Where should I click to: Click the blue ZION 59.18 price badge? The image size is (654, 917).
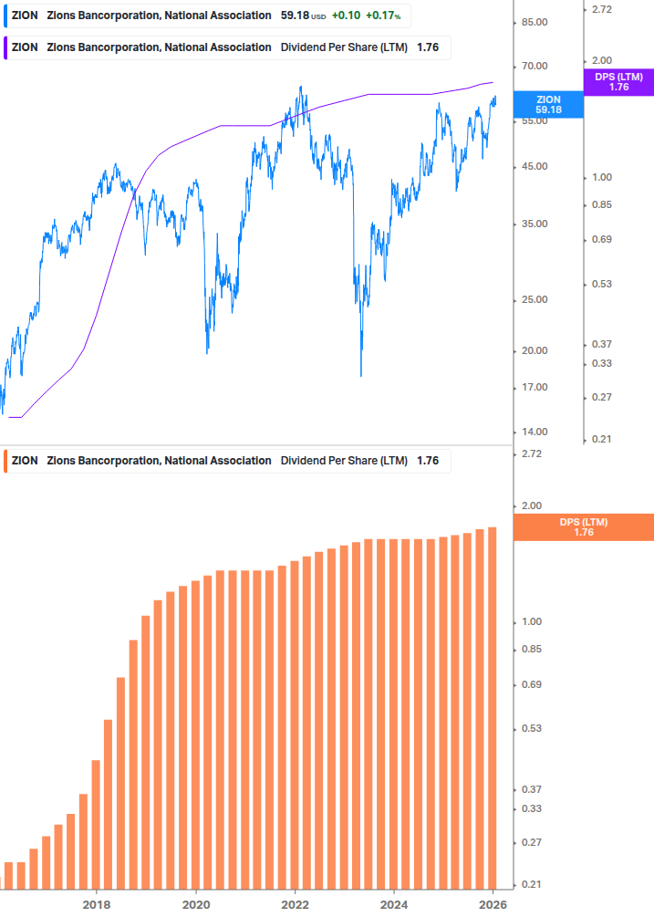[x=548, y=104]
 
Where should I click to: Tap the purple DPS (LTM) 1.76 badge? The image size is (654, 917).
[x=618, y=82]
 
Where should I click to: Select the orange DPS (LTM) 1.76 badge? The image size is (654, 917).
[x=584, y=526]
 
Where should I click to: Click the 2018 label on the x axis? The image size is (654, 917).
[x=97, y=904]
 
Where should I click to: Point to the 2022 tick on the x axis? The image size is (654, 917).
[x=296, y=904]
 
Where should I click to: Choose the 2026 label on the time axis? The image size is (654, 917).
[x=493, y=904]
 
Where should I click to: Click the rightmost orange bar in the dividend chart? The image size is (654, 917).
[x=493, y=707]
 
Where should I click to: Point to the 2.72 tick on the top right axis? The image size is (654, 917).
[x=603, y=9]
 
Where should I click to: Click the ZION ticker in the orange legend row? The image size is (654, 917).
[x=25, y=461]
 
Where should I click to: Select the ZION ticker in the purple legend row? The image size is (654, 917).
[x=25, y=47]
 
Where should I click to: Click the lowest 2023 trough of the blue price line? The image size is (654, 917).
[x=361, y=374]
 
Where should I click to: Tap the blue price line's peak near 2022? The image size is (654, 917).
[x=301, y=88]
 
